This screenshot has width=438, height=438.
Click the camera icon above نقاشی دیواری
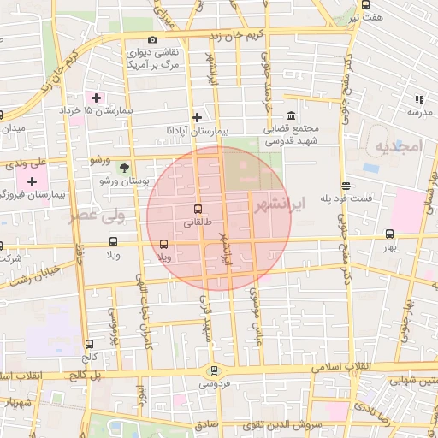pyautogui.click(x=152, y=40)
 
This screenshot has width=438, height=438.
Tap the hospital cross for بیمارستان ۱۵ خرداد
pyautogui.click(x=96, y=98)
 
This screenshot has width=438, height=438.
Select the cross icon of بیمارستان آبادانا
pyautogui.click(x=197, y=117)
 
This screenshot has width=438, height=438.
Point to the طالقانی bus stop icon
pyautogui.click(x=198, y=209)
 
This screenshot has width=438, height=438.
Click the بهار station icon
pyautogui.click(x=390, y=234)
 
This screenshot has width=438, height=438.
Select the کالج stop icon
pyautogui.click(x=90, y=344)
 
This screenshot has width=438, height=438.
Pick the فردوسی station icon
pyautogui.click(x=213, y=370)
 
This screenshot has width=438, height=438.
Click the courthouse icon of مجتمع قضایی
pyautogui.click(x=292, y=116)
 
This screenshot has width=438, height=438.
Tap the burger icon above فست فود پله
pyautogui.click(x=346, y=186)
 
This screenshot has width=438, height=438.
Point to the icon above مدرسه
pyautogui.click(x=419, y=99)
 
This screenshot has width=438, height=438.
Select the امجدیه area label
pyautogui.click(x=399, y=146)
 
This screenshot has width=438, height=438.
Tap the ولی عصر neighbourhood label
pyautogui.click(x=97, y=216)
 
